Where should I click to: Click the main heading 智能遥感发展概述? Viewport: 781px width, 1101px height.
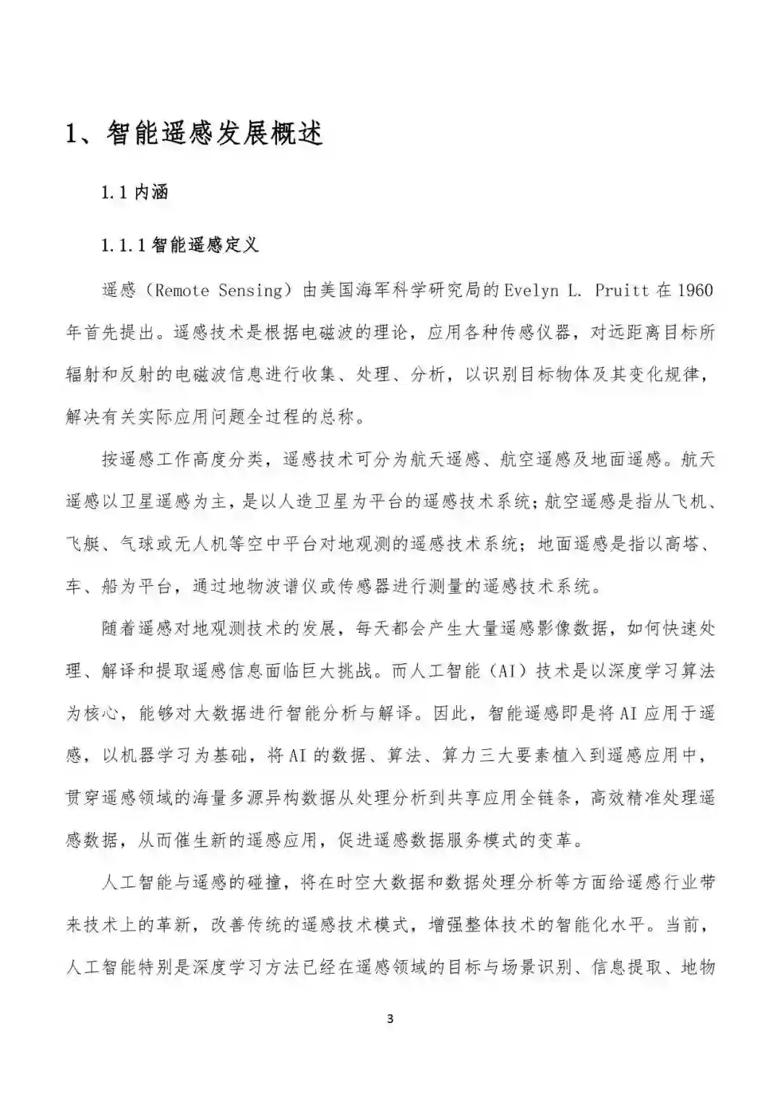tap(214, 134)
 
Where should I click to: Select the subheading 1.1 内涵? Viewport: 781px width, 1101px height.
tap(135, 193)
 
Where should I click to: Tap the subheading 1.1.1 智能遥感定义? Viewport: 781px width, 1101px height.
tap(179, 246)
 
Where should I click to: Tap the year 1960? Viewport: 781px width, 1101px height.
tap(695, 291)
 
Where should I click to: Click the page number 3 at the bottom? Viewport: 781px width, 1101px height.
tap(390, 1019)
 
